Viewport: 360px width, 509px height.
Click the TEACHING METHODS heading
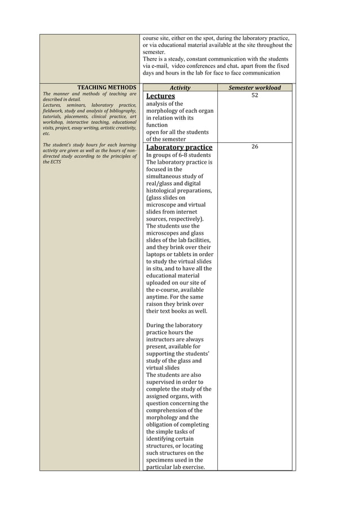[x=107, y=87]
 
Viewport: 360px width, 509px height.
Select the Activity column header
[x=180, y=87]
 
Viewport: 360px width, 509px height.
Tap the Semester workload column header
[x=254, y=87]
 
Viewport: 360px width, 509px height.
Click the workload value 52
[x=254, y=96]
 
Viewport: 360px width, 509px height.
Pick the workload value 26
[x=254, y=147]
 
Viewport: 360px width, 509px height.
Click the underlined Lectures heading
[x=160, y=96]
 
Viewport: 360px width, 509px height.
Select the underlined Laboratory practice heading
[x=179, y=147]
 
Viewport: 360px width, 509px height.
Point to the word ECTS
[x=55, y=161]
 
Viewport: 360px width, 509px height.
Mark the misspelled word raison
[x=156, y=304]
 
